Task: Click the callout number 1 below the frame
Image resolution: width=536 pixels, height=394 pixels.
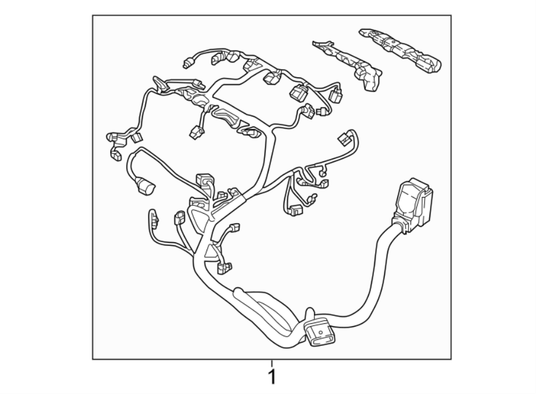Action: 272,377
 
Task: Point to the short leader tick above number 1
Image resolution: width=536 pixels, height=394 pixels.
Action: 272,363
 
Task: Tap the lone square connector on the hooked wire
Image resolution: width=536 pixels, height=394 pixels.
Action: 344,138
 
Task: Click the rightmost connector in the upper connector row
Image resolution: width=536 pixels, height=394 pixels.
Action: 337,95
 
